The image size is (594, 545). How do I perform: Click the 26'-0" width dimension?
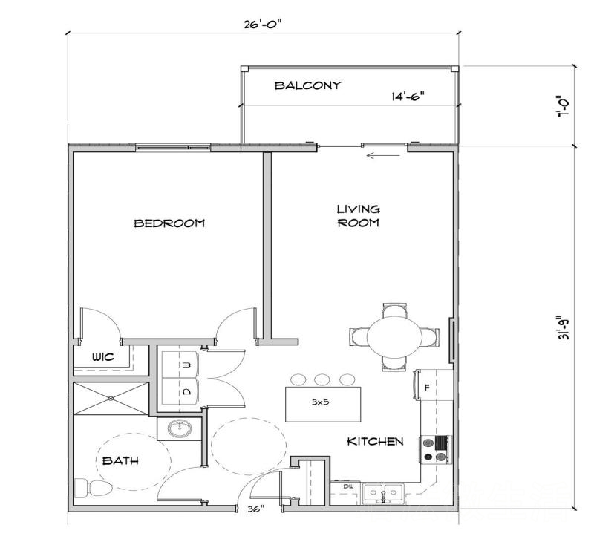263,25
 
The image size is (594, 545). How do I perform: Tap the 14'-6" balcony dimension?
408,97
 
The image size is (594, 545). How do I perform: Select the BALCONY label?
307,85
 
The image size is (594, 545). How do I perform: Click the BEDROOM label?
169,223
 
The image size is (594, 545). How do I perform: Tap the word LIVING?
359,209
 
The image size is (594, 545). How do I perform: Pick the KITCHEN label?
375,441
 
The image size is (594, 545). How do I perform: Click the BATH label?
120,461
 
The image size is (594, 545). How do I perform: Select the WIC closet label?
103,356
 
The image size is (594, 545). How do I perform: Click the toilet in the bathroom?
93,489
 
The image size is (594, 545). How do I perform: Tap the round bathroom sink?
180,429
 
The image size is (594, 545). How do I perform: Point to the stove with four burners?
436,449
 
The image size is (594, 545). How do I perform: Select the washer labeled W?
179,365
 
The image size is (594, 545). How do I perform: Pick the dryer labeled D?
179,391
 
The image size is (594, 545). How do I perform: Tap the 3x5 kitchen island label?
321,402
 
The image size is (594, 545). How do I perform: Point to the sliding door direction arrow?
383,155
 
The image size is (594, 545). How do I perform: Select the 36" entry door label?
256,509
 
